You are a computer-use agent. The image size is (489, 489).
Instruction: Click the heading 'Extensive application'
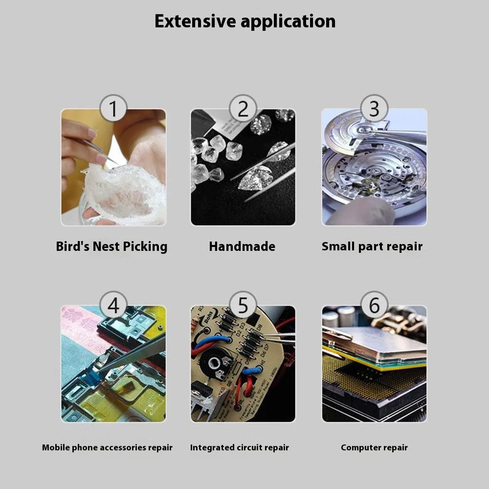tap(245, 22)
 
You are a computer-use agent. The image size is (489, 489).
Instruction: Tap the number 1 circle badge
tap(113, 108)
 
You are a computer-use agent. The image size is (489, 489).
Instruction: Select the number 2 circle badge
tap(243, 108)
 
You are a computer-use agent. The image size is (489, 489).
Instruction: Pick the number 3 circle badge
tap(374, 108)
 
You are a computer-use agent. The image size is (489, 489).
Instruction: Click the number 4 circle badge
tap(113, 305)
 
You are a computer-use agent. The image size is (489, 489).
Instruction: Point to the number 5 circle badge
tap(243, 305)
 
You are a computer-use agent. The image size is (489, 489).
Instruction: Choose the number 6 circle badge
tap(374, 305)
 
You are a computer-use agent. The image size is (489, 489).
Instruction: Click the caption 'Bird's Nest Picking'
tap(111, 246)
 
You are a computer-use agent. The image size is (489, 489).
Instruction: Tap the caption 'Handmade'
tap(242, 246)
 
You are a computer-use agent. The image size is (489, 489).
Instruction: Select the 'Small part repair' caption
tap(372, 246)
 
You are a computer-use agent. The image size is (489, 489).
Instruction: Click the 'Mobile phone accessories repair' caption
tap(107, 447)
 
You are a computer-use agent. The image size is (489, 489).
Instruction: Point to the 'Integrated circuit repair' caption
tap(240, 447)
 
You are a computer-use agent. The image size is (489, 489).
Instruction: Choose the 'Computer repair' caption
tap(374, 447)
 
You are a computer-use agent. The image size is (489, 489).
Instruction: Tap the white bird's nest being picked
tap(125, 193)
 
